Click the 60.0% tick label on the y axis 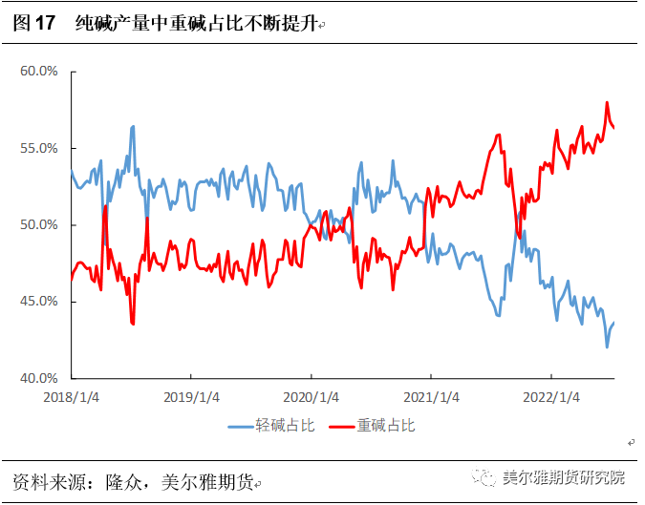[x=40, y=72]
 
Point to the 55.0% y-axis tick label [x=40, y=148]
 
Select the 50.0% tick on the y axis [x=40, y=224]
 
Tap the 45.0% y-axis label [x=40, y=301]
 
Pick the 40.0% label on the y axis [x=40, y=377]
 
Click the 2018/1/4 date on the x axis [x=71, y=396]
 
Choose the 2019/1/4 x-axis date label [x=191, y=396]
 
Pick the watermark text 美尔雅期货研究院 [x=563, y=477]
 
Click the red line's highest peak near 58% [x=607, y=103]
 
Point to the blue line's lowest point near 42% [x=607, y=347]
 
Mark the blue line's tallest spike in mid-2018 [x=133, y=126]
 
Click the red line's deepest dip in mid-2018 [x=133, y=325]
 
